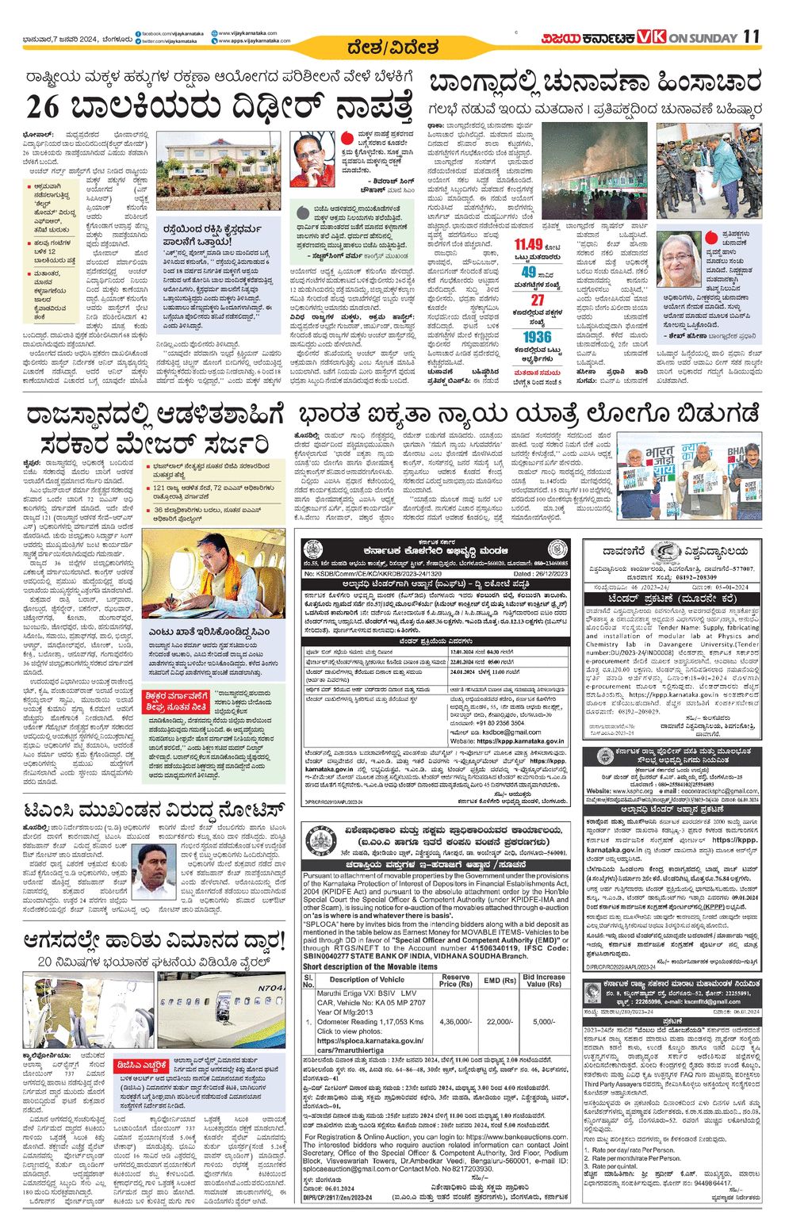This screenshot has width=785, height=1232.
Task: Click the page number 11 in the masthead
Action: (x=752, y=37)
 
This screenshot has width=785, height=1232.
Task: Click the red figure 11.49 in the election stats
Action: (x=527, y=244)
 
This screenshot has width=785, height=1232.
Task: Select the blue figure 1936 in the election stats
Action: (x=537, y=337)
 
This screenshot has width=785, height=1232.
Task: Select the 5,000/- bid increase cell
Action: (x=544, y=1022)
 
